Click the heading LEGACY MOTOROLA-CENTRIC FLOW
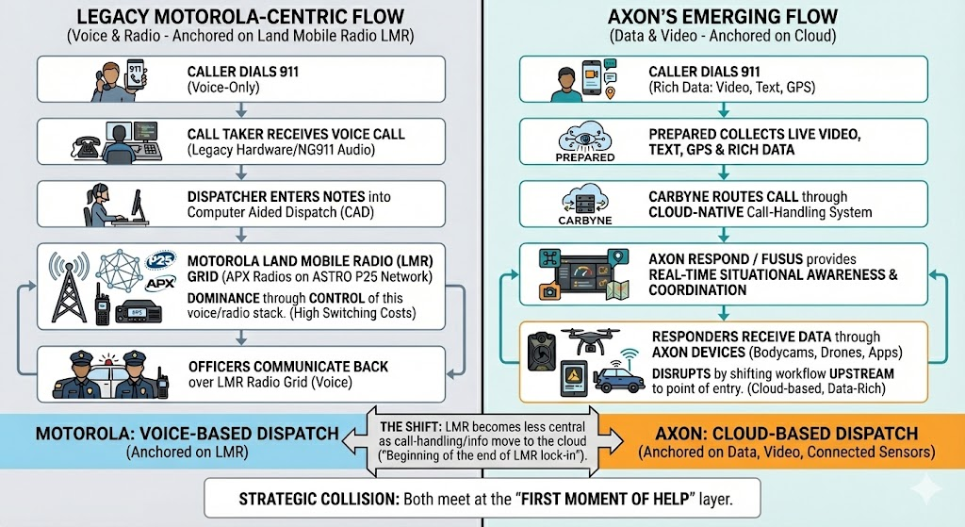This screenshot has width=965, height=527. [x=240, y=18]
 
